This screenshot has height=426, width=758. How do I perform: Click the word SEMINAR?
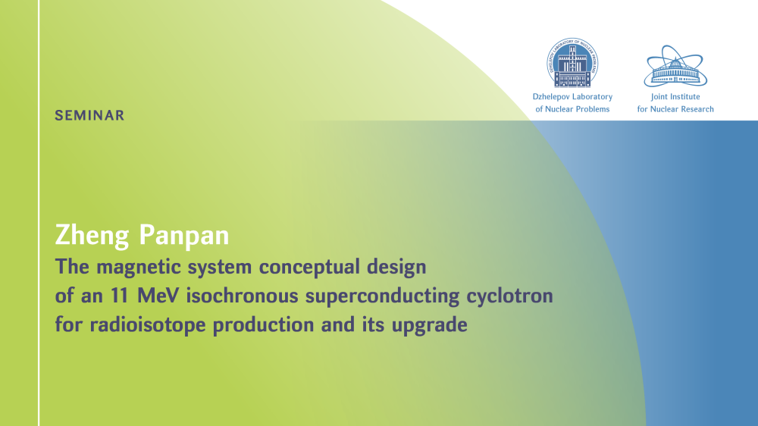(x=89, y=115)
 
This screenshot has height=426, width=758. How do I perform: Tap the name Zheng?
(x=92, y=236)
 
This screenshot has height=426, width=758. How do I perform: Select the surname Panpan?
(x=184, y=236)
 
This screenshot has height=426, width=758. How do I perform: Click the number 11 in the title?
(x=121, y=296)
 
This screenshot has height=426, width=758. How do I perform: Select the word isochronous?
(x=243, y=296)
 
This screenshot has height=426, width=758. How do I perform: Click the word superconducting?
(x=382, y=296)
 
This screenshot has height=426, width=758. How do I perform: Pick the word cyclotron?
(x=509, y=296)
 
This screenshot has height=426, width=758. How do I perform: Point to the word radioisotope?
(x=148, y=325)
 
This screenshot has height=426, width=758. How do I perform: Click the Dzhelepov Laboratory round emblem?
(x=572, y=63)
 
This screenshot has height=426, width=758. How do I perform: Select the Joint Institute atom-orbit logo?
(x=675, y=66)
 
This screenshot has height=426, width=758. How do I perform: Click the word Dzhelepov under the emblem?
(x=550, y=97)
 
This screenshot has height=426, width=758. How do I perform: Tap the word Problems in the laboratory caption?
(x=593, y=109)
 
